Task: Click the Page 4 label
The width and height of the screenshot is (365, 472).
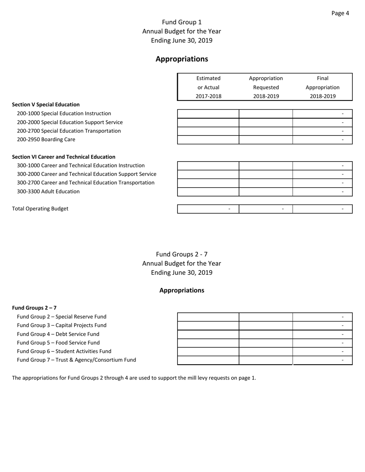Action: [x=340, y=13]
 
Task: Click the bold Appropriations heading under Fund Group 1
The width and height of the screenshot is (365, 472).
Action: [x=182, y=59]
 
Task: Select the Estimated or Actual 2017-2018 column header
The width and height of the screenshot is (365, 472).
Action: [x=209, y=87]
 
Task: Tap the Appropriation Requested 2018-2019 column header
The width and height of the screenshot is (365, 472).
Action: [x=266, y=87]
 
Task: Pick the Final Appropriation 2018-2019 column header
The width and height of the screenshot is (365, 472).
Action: [x=322, y=87]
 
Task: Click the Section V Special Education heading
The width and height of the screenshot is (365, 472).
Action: [x=46, y=104]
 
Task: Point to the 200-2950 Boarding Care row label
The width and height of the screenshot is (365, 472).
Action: [x=46, y=140]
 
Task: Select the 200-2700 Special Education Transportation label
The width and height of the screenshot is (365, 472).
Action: [x=69, y=131]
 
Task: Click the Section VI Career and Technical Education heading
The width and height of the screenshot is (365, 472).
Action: [x=64, y=157]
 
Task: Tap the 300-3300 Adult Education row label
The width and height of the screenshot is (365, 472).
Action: [x=48, y=191]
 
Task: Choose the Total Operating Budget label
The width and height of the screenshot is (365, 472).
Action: [x=40, y=209]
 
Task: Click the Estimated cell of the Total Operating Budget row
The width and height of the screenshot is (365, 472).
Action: [x=208, y=209]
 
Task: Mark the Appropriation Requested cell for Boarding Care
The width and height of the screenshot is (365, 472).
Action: [x=266, y=140]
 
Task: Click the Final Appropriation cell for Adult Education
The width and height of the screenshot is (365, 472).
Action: [x=322, y=191]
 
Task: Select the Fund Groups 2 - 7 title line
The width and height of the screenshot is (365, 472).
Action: [x=182, y=254]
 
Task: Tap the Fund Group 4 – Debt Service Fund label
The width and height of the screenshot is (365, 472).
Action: [x=58, y=334]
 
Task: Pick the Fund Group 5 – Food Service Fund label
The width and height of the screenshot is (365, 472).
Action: [x=58, y=343]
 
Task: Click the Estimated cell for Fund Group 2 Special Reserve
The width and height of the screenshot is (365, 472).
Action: [x=208, y=317]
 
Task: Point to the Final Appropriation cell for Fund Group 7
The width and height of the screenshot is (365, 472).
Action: [x=322, y=360]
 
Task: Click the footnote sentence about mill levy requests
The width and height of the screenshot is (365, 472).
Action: [x=134, y=378]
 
